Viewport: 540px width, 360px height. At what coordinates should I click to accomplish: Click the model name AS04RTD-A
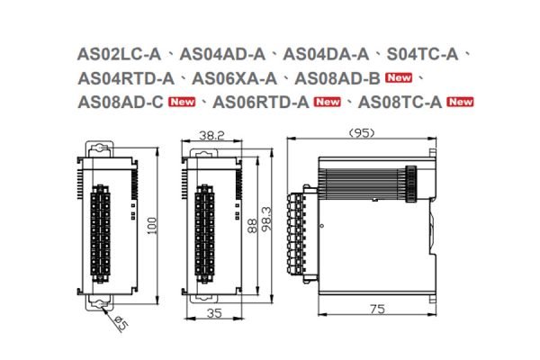(x=126, y=78)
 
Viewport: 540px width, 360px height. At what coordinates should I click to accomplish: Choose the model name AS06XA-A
(x=237, y=78)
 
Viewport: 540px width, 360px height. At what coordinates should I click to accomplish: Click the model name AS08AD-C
(x=121, y=101)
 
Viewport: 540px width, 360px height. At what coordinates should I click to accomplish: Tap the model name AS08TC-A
(x=399, y=101)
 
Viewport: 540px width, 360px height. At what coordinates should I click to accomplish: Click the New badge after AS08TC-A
(x=461, y=102)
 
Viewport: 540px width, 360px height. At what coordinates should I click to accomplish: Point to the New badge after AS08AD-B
(x=400, y=78)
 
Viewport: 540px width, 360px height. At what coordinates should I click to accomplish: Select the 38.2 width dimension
(x=211, y=136)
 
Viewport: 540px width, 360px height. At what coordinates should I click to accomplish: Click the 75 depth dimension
(x=377, y=310)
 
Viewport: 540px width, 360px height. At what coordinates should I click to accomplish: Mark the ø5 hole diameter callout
(x=119, y=326)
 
